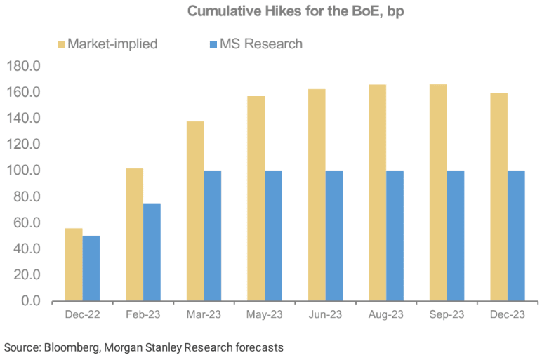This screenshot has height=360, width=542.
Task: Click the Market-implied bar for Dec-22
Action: [x=74, y=265]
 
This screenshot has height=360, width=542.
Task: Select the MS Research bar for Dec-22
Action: [x=91, y=268]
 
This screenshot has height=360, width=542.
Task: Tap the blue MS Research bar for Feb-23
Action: [x=152, y=252]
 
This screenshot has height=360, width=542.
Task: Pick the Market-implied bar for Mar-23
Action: [x=195, y=211]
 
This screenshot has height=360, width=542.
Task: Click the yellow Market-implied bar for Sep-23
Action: [x=438, y=192]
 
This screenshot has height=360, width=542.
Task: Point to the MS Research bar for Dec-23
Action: [x=516, y=235]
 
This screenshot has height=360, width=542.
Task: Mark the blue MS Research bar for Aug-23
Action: [x=395, y=235]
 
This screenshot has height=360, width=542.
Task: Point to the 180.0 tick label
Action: [x=24, y=67]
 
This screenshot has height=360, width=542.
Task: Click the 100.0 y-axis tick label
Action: [x=24, y=171]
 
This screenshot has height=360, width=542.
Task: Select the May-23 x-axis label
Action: [x=265, y=315]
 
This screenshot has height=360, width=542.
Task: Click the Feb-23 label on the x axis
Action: [x=143, y=315]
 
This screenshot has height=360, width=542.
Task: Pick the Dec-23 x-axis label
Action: [x=508, y=315]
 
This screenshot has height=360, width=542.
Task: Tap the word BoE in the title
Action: [x=336, y=11]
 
